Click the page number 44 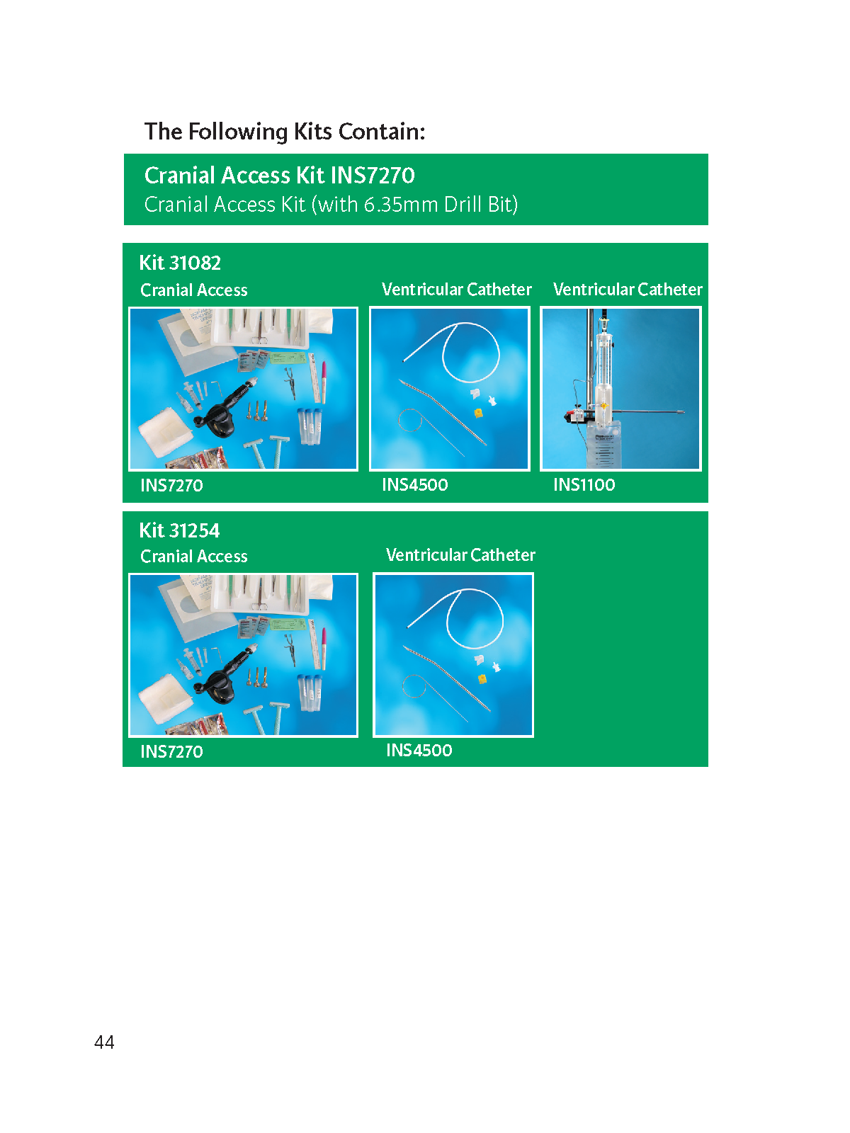[104, 1042]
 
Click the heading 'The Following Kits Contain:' [284, 132]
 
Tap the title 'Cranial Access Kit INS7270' [279, 176]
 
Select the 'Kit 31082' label [180, 263]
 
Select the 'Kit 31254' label [179, 530]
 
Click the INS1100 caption [584, 484]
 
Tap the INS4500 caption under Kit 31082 [415, 484]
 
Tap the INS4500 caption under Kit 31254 [419, 750]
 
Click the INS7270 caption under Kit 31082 [171, 485]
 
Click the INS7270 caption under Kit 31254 [171, 751]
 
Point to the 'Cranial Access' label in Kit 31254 [194, 556]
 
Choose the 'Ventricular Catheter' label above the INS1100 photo [628, 289]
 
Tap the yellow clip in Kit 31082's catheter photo [478, 412]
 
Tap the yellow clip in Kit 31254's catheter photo [482, 679]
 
